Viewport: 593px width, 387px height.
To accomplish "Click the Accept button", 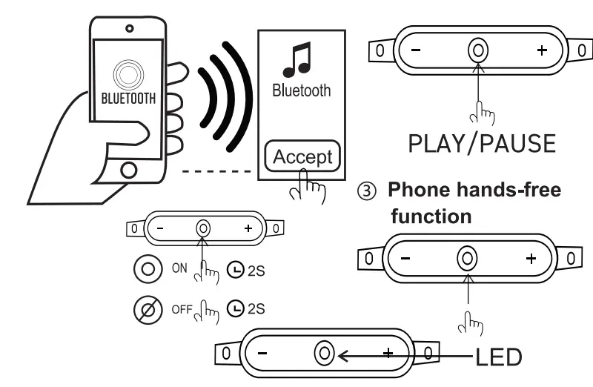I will (302, 157).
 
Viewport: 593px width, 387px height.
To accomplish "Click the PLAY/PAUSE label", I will (481, 143).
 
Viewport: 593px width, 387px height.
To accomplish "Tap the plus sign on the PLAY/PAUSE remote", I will (542, 50).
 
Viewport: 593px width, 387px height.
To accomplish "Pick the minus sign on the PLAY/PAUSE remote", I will (415, 50).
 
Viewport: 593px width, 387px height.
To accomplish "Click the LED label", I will (498, 357).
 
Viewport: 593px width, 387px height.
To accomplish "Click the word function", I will (431, 216).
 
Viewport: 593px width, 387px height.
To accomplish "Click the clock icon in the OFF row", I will (234, 308).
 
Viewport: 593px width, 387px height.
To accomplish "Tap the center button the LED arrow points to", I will (324, 354).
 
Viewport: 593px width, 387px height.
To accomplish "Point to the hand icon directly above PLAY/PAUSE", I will (483, 111).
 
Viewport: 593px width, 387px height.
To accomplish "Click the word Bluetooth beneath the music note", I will (301, 91).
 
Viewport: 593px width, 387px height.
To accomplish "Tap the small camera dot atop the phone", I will (130, 28).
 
